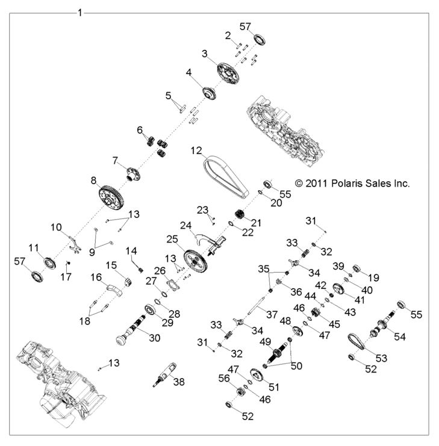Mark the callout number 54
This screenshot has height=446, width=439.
(x=400, y=336)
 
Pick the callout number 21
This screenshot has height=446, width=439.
(x=257, y=223)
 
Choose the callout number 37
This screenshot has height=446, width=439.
(x=273, y=315)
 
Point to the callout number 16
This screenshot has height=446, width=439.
(x=96, y=277)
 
